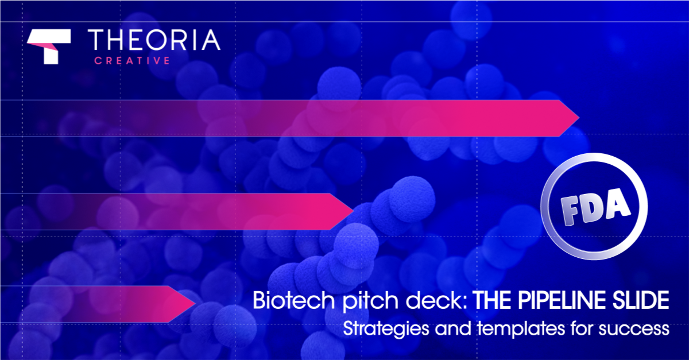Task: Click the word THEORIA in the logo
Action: coord(154,40)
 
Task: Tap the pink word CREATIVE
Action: coord(132,61)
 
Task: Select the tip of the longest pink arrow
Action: coord(579,118)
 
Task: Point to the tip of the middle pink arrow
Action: coord(354,211)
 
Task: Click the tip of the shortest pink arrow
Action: coord(195,304)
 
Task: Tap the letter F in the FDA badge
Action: coord(571,211)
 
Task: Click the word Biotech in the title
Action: coord(294,300)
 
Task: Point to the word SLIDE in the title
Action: coord(641,300)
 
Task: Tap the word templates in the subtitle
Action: coord(521,329)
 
